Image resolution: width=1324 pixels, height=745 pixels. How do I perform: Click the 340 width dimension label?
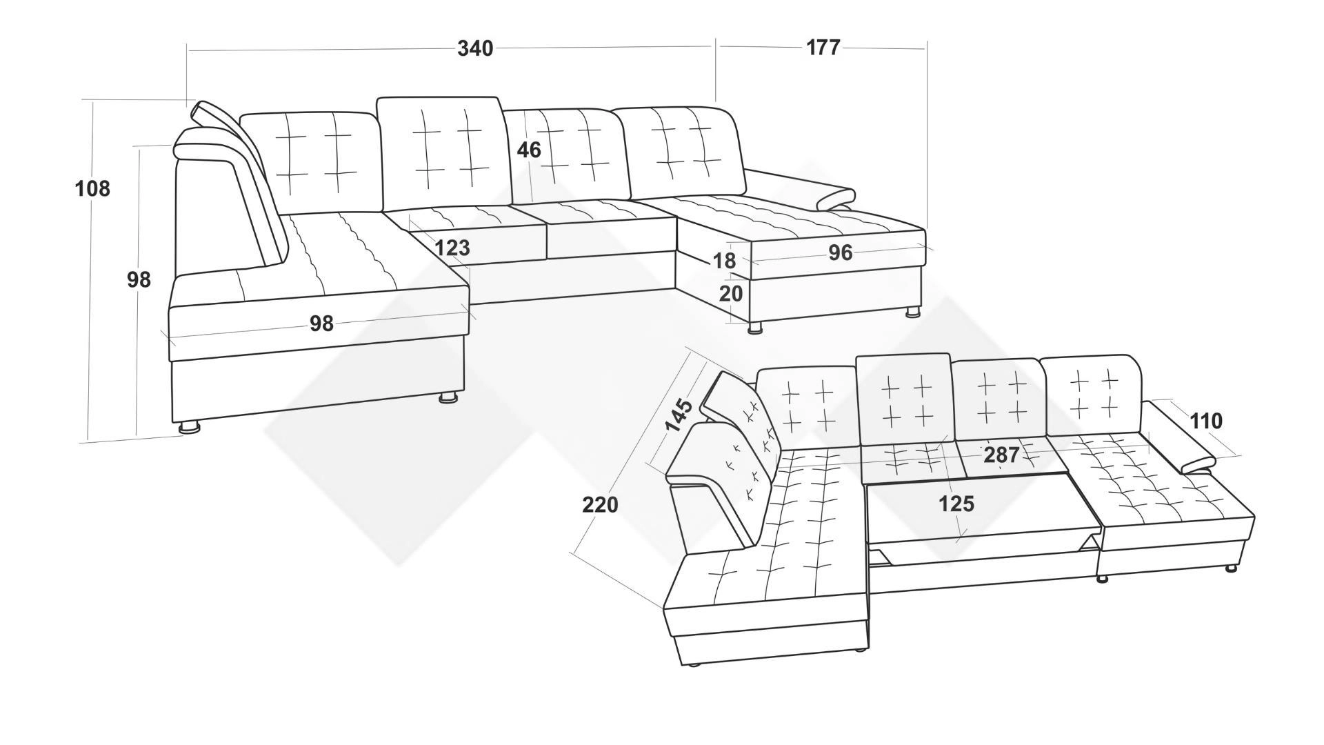click(476, 48)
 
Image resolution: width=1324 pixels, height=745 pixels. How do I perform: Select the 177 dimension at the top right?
click(823, 47)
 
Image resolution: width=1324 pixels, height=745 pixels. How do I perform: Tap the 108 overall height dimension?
click(92, 188)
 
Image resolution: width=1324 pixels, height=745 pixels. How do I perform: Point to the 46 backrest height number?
click(529, 150)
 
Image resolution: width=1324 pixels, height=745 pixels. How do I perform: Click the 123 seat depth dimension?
click(452, 247)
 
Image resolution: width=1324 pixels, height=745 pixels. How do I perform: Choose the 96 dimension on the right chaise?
click(840, 253)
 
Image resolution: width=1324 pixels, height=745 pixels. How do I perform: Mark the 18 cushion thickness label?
click(724, 261)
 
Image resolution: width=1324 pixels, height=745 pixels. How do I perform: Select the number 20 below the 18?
click(731, 294)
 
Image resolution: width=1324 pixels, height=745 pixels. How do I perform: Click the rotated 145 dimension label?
click(679, 415)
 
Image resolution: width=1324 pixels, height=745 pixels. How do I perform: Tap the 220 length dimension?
click(600, 505)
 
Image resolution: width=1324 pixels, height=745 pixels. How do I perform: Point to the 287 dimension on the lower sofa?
click(1001, 455)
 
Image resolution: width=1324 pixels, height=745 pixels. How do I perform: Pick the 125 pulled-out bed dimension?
click(956, 504)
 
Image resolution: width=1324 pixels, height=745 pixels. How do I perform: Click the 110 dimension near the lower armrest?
click(1205, 421)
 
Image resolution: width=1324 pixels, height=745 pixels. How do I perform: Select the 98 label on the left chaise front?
click(321, 323)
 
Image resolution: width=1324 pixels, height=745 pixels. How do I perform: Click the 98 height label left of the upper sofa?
click(139, 279)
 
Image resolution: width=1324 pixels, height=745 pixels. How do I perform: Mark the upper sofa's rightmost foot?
click(913, 312)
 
